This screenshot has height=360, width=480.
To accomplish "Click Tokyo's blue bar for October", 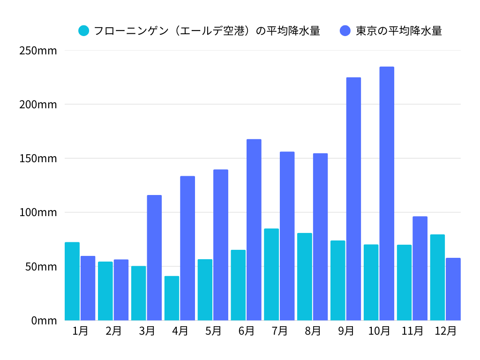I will (387, 194).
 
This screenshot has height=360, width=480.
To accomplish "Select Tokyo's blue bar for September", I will (353, 199).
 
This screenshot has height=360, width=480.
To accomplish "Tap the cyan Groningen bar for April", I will (172, 298).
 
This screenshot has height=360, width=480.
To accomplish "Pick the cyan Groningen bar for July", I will (271, 274).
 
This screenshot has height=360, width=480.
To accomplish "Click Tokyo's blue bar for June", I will (254, 230).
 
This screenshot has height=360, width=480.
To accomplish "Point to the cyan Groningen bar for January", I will (72, 281).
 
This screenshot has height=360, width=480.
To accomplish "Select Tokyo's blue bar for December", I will (453, 289).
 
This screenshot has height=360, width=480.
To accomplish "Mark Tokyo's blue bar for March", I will (154, 257).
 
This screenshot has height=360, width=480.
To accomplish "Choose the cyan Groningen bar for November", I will (404, 282).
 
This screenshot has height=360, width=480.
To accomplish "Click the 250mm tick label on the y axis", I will (38, 51).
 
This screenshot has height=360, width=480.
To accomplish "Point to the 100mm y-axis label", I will (38, 212).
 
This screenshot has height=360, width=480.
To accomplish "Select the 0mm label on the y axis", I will (44, 321).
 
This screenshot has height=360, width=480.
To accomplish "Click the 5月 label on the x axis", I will (213, 331).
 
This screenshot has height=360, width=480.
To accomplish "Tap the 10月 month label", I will (379, 331).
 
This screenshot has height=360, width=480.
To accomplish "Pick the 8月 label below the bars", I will (313, 331).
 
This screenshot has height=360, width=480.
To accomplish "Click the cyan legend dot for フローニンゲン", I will (84, 31).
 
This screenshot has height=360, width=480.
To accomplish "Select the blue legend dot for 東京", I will (345, 31).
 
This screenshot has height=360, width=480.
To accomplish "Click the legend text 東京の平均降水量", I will (399, 31).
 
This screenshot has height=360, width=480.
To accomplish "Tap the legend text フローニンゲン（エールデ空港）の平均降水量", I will (207, 31).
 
